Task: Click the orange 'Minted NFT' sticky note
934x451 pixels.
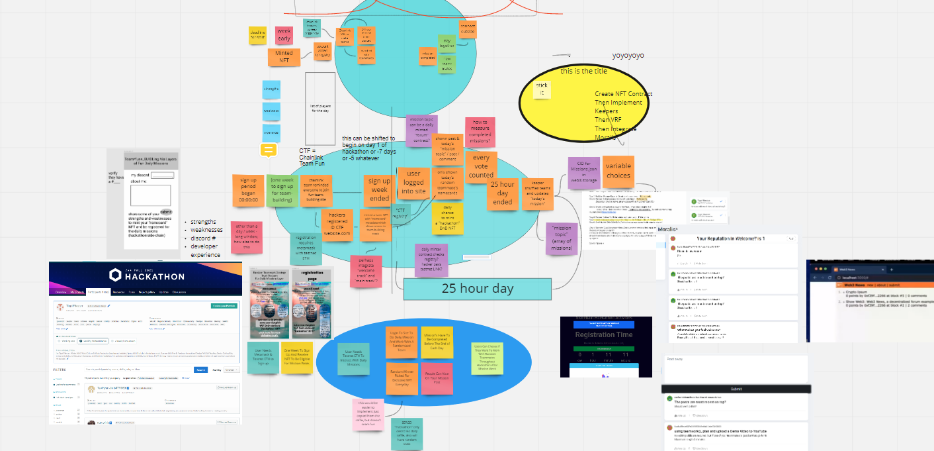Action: [x=284, y=57]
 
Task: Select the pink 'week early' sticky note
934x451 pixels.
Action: [x=284, y=35]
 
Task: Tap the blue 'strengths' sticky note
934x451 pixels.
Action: [x=271, y=89]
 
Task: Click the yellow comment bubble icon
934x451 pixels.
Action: [x=269, y=150]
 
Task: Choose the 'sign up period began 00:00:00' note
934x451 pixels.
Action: [x=248, y=191]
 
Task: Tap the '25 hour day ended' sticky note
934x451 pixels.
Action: [x=503, y=193]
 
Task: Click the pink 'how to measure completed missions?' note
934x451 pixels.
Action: [x=480, y=132]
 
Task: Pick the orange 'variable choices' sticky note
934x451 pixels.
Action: [x=618, y=170]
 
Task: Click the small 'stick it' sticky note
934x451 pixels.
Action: [x=542, y=89]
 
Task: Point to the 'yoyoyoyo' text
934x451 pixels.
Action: [x=628, y=56]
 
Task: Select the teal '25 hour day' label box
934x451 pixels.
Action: [x=477, y=289]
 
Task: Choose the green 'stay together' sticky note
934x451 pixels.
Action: [x=446, y=44]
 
